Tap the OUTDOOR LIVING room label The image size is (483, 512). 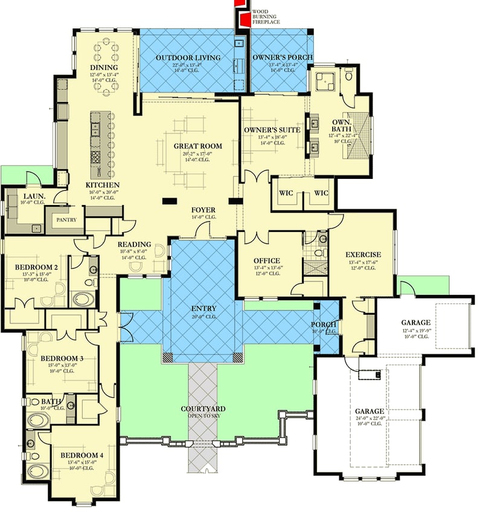[x=188, y=58]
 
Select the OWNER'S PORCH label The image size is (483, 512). [x=283, y=57]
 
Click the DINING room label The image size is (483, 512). [x=104, y=67]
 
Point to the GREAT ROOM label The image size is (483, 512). [x=197, y=146]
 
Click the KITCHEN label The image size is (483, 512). [x=102, y=185]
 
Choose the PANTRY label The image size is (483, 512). [x=66, y=219]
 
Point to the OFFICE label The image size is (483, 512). [x=266, y=261]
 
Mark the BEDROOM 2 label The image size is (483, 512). [x=36, y=267]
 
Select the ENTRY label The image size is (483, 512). [x=202, y=309]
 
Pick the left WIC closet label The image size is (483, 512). [x=286, y=193]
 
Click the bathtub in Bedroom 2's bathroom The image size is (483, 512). [x=83, y=298]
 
